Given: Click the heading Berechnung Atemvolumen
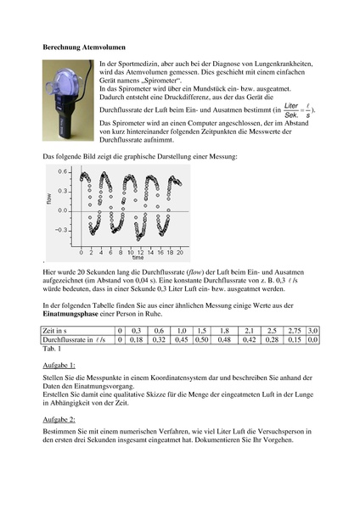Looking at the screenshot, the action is coord(84,48).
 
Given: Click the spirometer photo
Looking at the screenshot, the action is coord(68,100).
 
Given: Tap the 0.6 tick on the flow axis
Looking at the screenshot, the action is coord(63,171).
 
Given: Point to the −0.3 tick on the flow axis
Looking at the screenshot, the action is coord(61,230).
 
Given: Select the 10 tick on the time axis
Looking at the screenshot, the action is coord(130,252).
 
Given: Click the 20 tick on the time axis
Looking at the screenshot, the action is coord(180,252).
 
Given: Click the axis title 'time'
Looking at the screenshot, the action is coord(138,257).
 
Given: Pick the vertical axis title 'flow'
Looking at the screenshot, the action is coord(49,199).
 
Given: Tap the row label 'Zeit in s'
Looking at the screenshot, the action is coord(54,331).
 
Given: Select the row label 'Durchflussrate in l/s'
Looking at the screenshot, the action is coord(74,340).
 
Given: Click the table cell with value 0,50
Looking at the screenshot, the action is coord(202,340).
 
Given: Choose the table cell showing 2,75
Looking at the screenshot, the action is coord(295,331).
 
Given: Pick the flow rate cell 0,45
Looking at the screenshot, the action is coord(182,340).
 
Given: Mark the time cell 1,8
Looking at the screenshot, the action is coord(224,331).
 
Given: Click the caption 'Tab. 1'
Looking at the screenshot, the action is coord(52,349).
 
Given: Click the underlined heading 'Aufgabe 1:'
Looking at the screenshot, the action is coord(59,366).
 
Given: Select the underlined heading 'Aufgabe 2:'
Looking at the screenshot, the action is coord(59,420).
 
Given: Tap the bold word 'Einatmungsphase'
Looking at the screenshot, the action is coord(70,314).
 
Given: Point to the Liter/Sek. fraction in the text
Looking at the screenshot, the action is coord(291,110).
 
